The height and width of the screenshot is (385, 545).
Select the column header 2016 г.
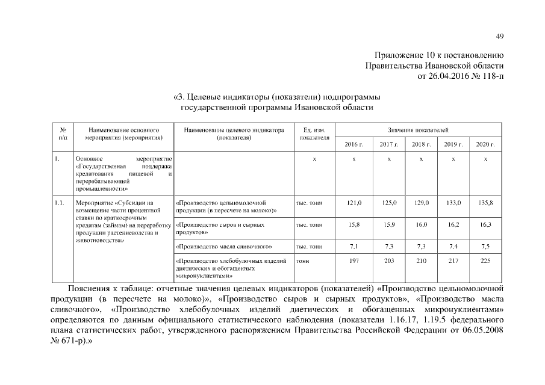tap(354, 145)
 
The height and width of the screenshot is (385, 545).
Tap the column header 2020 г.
tap(485, 145)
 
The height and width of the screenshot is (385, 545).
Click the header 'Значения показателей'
tap(419, 130)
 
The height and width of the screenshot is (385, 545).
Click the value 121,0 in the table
tap(354, 204)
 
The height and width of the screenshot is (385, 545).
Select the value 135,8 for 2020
tap(485, 204)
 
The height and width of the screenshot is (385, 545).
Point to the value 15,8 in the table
tap(354, 225)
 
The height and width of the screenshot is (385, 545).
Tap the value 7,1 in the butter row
tap(354, 247)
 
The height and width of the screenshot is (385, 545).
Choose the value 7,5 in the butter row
tap(485, 247)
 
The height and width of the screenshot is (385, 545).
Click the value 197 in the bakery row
tap(354, 261)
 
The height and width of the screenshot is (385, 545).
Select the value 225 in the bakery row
tap(485, 261)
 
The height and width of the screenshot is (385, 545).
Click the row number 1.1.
tap(59, 204)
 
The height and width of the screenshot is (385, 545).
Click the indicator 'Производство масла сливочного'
tap(224, 247)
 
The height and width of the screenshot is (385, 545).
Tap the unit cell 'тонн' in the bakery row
tap(302, 261)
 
